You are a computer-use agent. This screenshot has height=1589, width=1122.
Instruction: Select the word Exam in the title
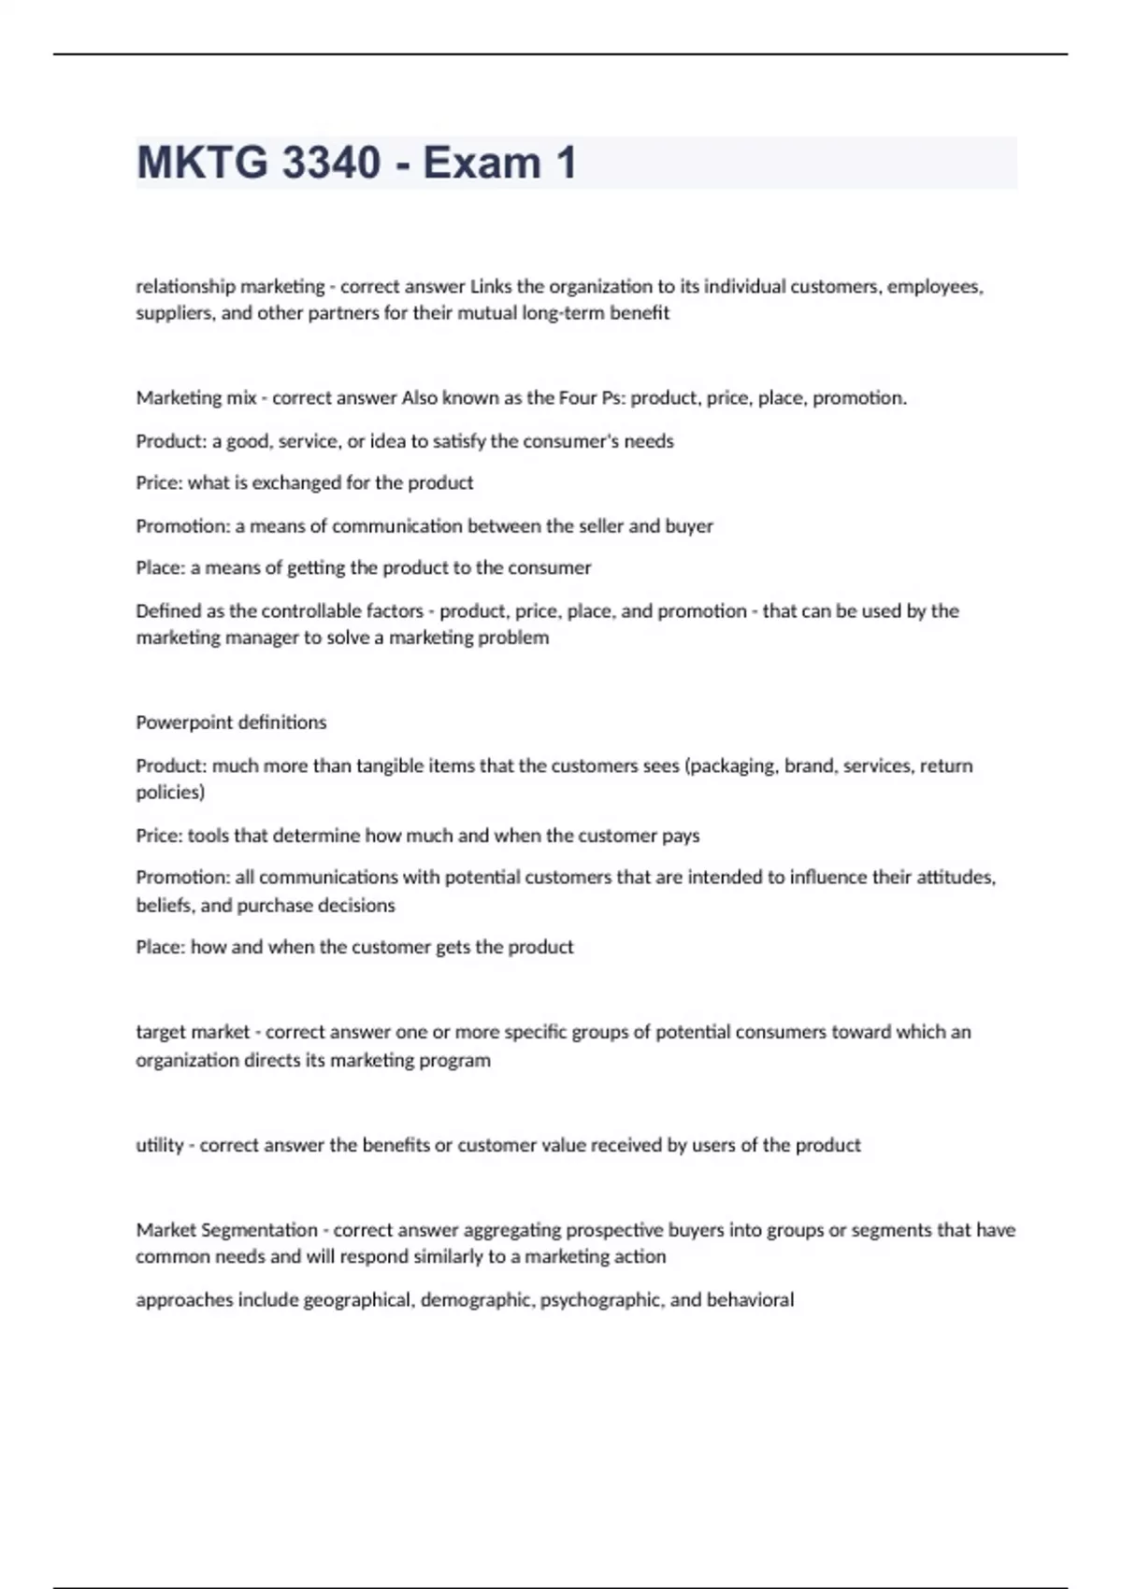pyautogui.click(x=482, y=163)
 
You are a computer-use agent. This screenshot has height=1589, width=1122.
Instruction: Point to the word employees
pyautogui.click(x=934, y=286)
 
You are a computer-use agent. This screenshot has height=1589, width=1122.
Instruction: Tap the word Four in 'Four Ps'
pyautogui.click(x=578, y=398)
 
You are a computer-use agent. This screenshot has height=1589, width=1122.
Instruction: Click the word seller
pyautogui.click(x=598, y=526)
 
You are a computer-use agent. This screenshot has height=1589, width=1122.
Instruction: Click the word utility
pyautogui.click(x=159, y=1145)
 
